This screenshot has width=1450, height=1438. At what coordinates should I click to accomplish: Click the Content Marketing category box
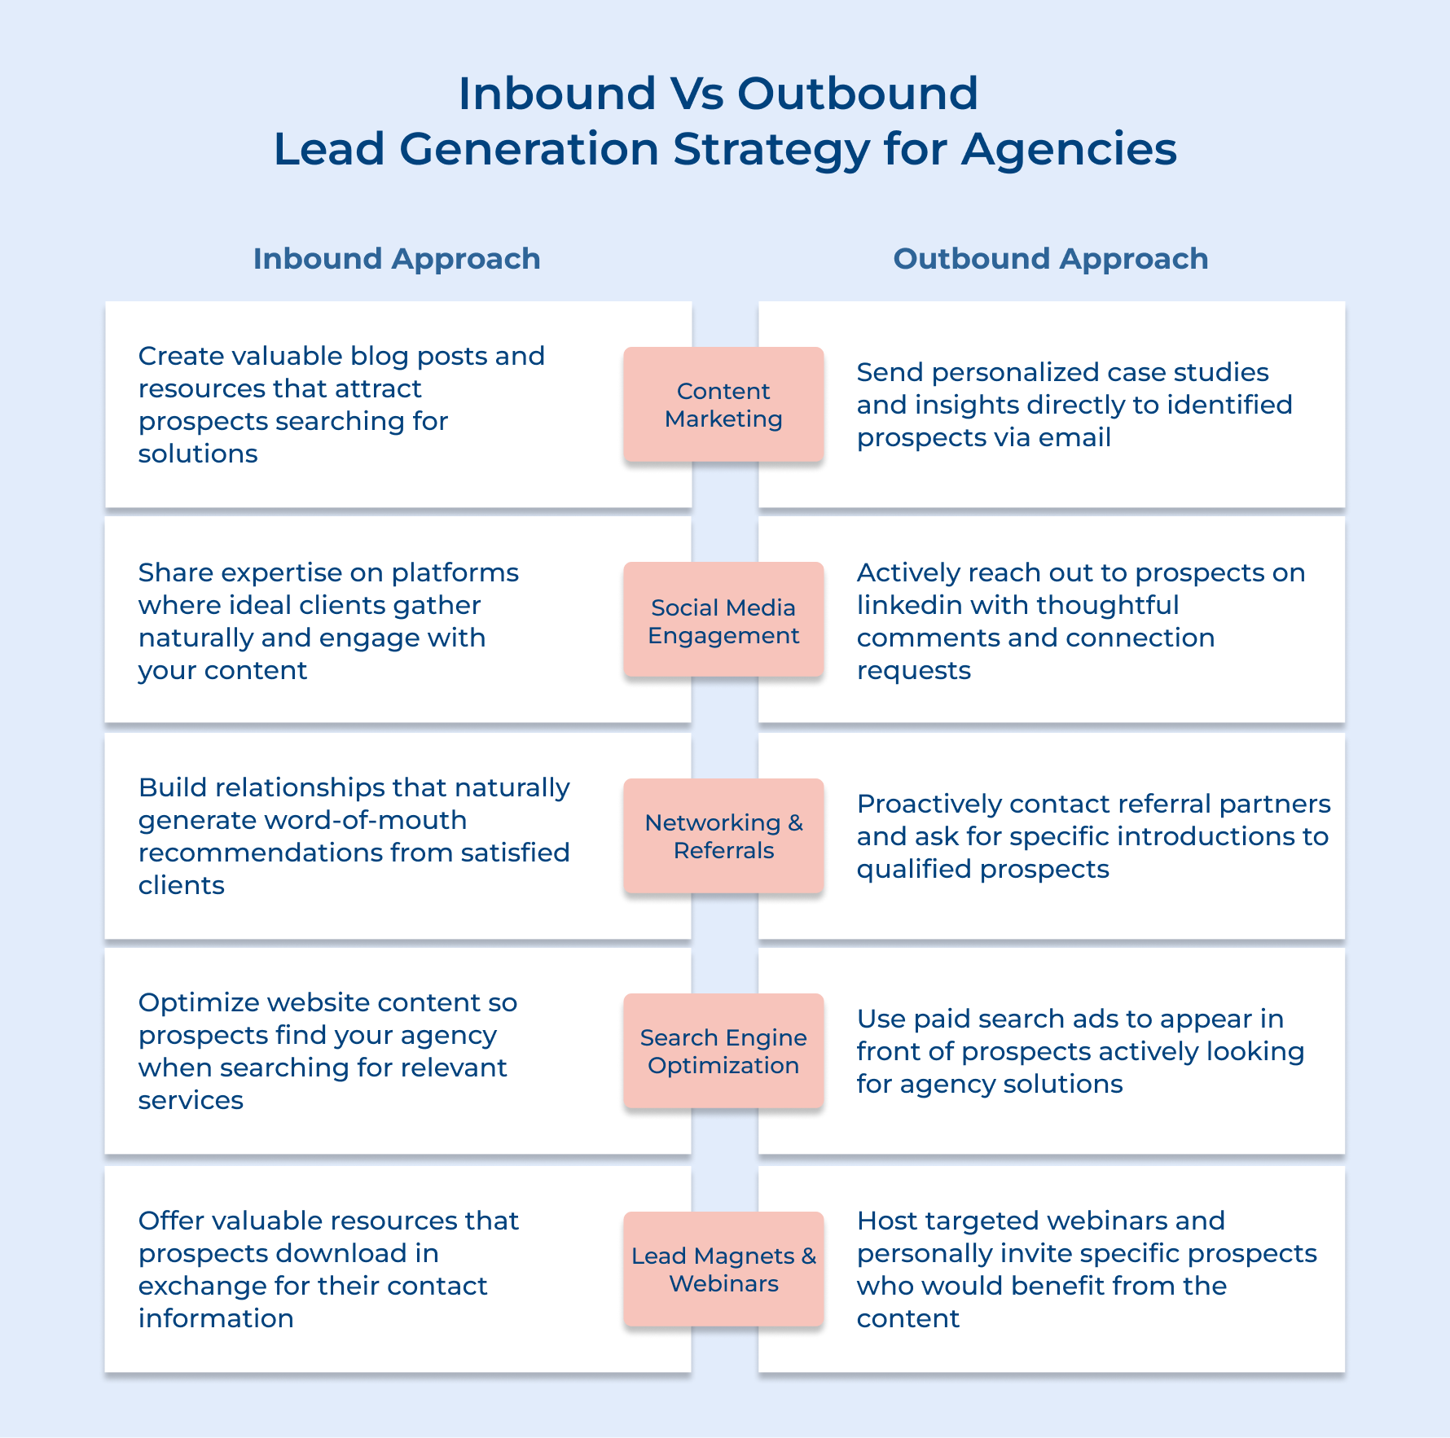[723, 405]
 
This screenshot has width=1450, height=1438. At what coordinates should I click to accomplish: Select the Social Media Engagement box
[723, 620]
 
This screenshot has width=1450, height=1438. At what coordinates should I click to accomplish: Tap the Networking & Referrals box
[723, 836]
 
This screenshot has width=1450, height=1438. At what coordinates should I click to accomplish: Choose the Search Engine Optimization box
[723, 1051]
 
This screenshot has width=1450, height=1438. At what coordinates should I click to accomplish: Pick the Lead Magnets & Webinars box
[723, 1269]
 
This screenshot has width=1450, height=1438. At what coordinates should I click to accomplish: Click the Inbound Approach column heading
[397, 259]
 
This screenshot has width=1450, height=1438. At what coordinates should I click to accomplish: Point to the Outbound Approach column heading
[1051, 259]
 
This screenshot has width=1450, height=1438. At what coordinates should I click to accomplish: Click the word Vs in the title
[696, 94]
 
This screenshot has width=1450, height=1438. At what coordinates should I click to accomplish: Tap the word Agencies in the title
[1069, 150]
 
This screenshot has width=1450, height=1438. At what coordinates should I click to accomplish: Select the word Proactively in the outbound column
[929, 804]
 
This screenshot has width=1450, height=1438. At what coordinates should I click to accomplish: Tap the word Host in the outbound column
[887, 1221]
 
